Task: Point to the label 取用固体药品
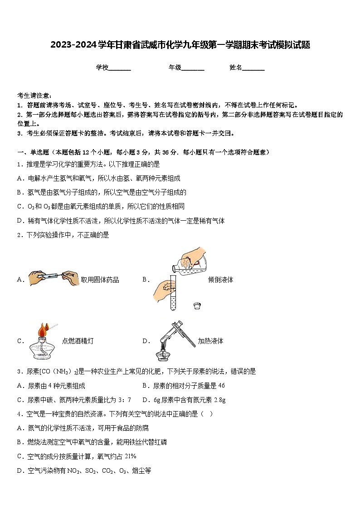point(100,280)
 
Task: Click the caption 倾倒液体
point(220,280)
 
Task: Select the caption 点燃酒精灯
point(78,341)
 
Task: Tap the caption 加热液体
point(210,341)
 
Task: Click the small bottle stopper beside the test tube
point(197,306)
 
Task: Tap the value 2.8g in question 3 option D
point(219,400)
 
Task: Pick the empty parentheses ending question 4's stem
point(206,414)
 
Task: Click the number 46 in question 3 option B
point(221,386)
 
